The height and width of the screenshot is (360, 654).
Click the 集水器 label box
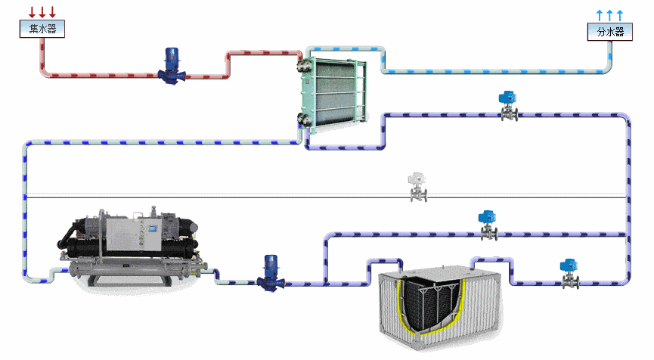click(x=42, y=29)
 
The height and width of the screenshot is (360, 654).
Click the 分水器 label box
click(x=610, y=32)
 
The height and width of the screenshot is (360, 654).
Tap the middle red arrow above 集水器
click(x=42, y=12)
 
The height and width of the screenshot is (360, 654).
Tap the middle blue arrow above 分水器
click(x=610, y=15)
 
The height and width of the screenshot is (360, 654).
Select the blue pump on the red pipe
click(x=172, y=66)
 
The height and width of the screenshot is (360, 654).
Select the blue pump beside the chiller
click(x=271, y=273)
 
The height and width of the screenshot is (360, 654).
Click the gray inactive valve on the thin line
click(x=417, y=188)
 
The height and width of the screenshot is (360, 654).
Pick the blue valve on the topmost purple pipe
click(x=508, y=106)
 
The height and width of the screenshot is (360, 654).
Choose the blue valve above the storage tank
click(x=488, y=225)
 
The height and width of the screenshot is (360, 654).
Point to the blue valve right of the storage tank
click(x=569, y=274)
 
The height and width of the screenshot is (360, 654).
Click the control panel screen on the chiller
click(x=153, y=228)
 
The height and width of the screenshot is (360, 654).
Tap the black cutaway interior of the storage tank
click(x=432, y=304)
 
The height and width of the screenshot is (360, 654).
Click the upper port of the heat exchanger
click(x=302, y=66)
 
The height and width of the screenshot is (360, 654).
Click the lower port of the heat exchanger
click(x=302, y=119)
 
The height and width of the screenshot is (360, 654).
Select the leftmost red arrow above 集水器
click(x=32, y=12)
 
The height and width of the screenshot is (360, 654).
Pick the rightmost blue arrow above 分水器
click(x=620, y=15)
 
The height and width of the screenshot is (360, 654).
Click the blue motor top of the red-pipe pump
click(x=172, y=57)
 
